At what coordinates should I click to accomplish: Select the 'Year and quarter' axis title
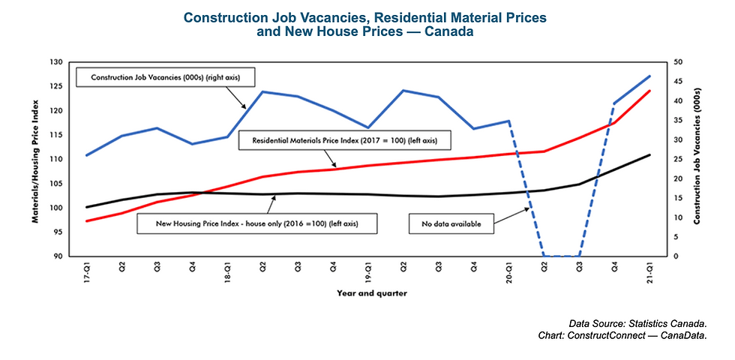(367, 293)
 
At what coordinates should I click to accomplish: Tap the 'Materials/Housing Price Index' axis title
(35, 159)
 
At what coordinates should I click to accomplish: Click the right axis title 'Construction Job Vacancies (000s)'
(697, 159)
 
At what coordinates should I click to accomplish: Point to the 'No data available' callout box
(451, 223)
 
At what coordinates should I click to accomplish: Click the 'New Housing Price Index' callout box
(256, 223)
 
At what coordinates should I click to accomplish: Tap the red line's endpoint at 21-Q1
(649, 91)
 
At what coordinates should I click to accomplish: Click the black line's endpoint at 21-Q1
(649, 154)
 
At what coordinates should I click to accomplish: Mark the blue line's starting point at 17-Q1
(88, 155)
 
